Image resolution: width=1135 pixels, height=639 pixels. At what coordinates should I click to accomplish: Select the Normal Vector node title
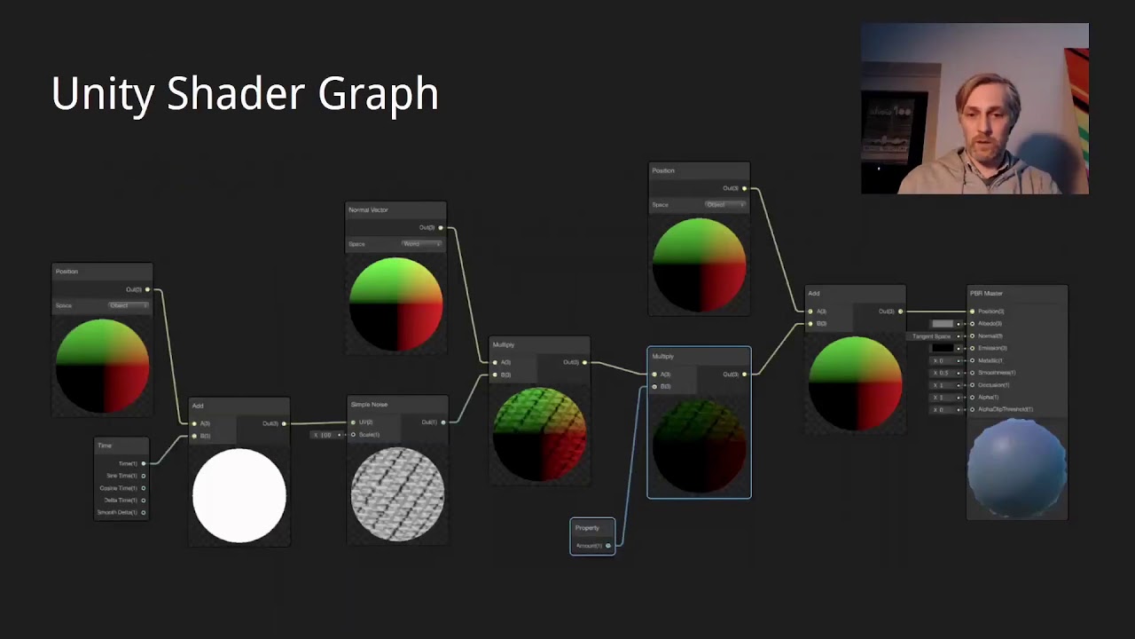pyautogui.click(x=368, y=210)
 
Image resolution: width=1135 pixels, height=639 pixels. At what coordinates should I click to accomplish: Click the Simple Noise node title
pyautogui.click(x=369, y=405)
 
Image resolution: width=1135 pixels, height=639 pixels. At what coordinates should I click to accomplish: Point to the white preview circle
pyautogui.click(x=239, y=495)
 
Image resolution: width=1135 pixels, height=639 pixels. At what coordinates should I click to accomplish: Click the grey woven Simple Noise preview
pyautogui.click(x=397, y=493)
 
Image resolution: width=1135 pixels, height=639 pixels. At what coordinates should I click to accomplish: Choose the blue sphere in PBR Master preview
pyautogui.click(x=1017, y=467)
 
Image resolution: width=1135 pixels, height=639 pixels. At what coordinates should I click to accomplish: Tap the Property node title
pyautogui.click(x=587, y=528)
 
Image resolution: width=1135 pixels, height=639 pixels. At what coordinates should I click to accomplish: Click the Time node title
pyautogui.click(x=105, y=446)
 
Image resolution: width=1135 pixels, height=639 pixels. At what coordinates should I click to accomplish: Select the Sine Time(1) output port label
pyautogui.click(x=121, y=476)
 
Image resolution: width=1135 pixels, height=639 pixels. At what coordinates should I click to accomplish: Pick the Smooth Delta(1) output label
pyautogui.click(x=117, y=513)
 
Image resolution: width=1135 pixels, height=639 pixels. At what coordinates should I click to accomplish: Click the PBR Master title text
pyautogui.click(x=986, y=294)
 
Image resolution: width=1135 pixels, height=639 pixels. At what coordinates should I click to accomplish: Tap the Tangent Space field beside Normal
pyautogui.click(x=932, y=336)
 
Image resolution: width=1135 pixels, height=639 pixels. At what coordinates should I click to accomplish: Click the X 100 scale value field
pyautogui.click(x=325, y=435)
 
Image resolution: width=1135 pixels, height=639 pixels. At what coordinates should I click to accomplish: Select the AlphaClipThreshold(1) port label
pyautogui.click(x=1005, y=410)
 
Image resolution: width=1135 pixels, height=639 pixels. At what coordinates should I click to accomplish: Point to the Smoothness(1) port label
pyautogui.click(x=997, y=373)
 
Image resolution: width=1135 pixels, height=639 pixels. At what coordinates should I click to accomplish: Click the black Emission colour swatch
pyautogui.click(x=943, y=348)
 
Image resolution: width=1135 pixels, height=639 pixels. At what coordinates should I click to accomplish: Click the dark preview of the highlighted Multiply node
pyautogui.click(x=699, y=444)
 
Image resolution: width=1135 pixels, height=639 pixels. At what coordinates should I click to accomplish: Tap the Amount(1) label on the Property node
pyautogui.click(x=589, y=546)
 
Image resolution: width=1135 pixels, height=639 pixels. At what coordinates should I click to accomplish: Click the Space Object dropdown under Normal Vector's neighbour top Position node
pyautogui.click(x=724, y=205)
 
